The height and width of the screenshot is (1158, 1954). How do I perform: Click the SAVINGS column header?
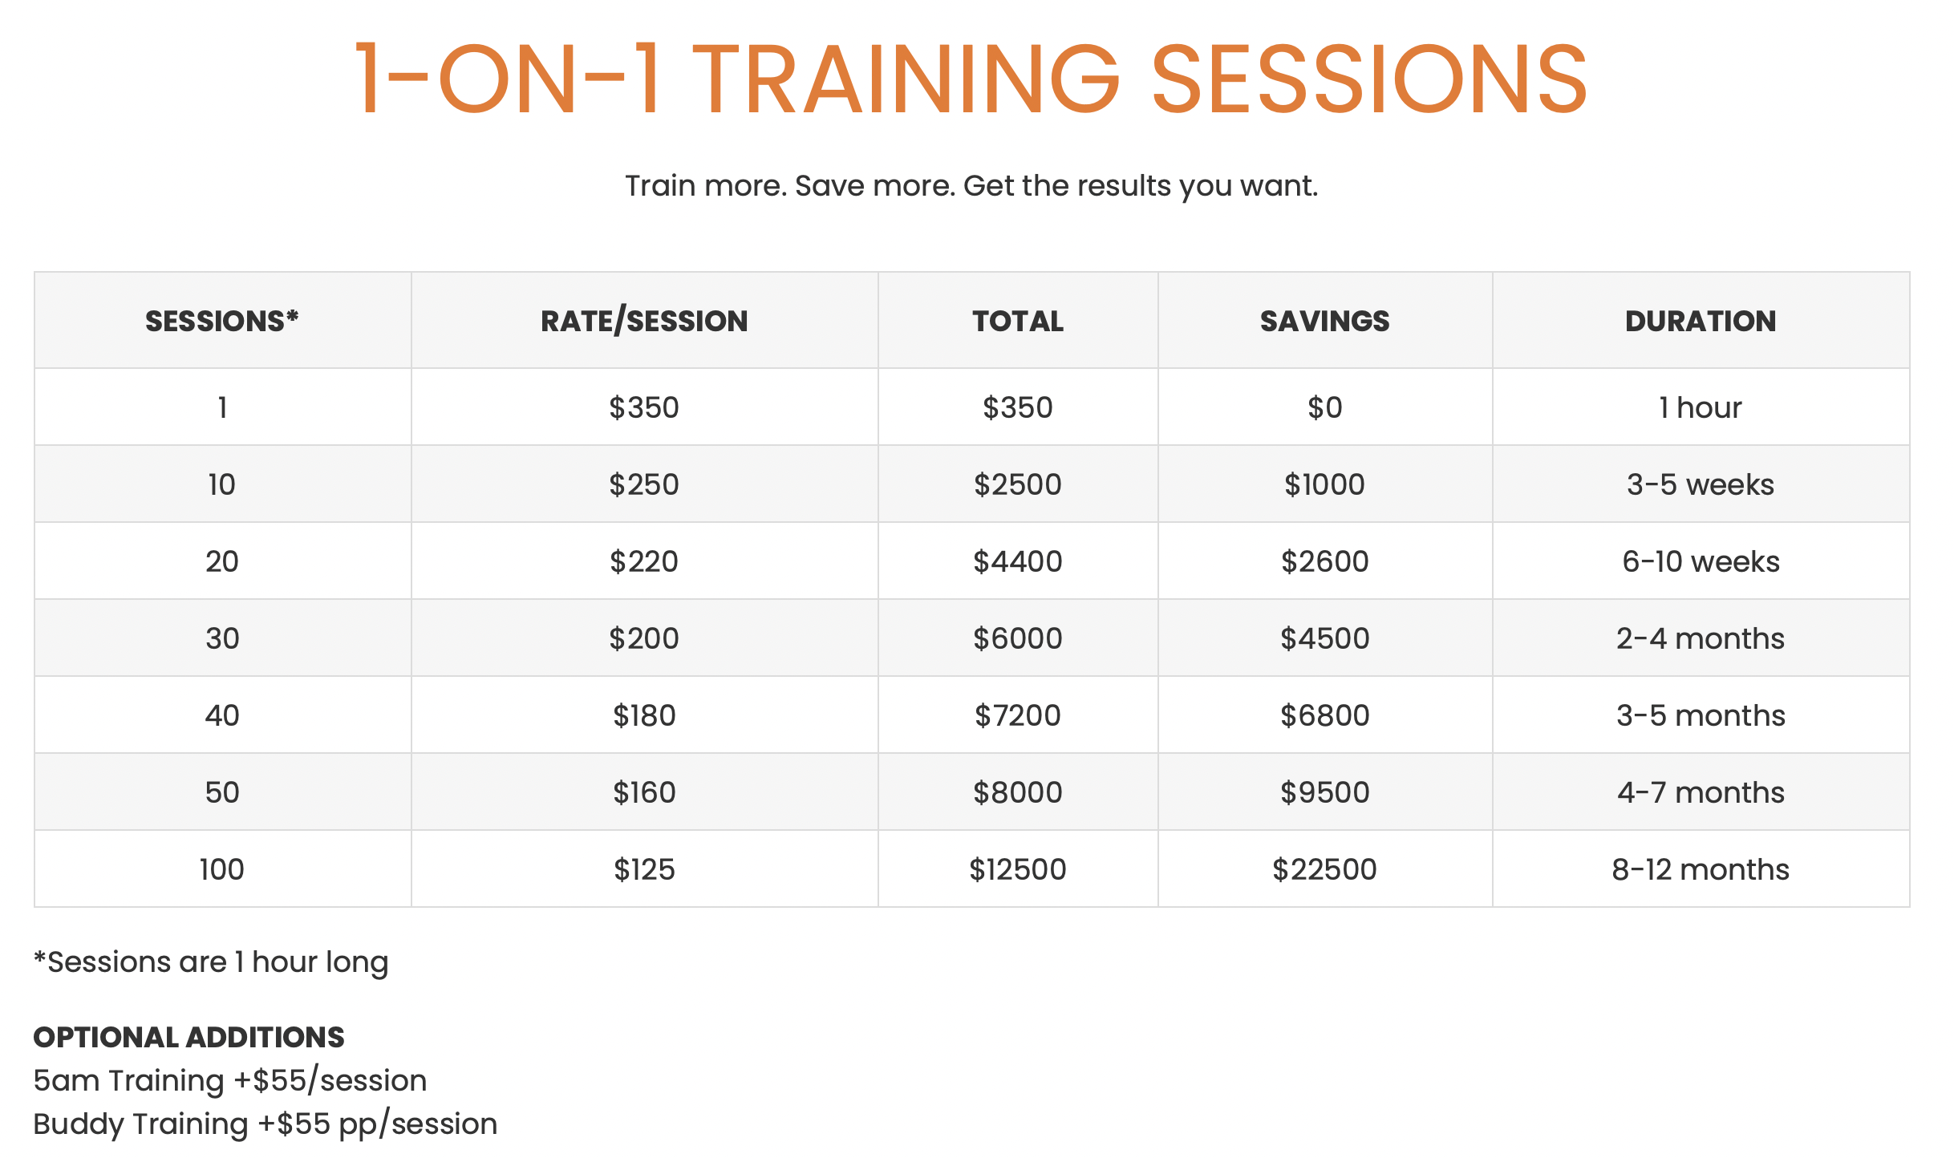click(1324, 321)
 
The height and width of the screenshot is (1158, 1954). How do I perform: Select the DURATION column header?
click(1701, 321)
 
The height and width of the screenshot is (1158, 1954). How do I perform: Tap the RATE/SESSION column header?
click(644, 321)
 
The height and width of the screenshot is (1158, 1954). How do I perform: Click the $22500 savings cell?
click(1324, 869)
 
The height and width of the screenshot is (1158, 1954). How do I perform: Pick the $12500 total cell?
click(1018, 869)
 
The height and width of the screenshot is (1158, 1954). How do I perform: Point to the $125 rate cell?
click(644, 869)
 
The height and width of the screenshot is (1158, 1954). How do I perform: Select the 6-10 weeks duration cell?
click(1701, 561)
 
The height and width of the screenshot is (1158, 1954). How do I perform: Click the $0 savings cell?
click(1324, 407)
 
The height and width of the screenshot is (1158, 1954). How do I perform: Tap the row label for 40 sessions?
click(222, 715)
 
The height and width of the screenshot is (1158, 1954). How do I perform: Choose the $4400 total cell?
click(1018, 561)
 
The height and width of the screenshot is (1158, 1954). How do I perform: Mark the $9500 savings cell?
click(1324, 792)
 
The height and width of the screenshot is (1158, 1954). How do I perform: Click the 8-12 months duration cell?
click(1701, 869)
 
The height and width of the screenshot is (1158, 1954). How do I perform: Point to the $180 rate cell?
click(644, 715)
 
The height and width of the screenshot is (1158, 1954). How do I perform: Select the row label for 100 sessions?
click(222, 869)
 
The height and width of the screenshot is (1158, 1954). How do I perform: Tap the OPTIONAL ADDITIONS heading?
click(189, 1037)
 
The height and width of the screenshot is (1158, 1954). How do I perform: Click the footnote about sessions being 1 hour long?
click(211, 962)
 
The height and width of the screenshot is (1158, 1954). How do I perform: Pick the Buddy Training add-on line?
click(266, 1124)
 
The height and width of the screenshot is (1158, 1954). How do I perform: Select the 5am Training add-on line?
click(230, 1081)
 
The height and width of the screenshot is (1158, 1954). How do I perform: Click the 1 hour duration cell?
click(1701, 407)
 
